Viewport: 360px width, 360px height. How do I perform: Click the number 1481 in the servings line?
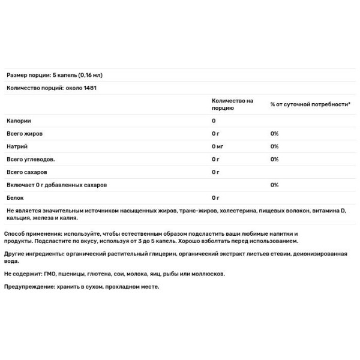click(x=89, y=88)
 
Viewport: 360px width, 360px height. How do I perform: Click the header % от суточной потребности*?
click(x=310, y=104)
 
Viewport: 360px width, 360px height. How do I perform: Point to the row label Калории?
click(x=19, y=121)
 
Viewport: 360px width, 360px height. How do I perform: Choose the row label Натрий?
click(x=17, y=146)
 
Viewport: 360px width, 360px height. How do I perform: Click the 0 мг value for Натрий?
click(x=218, y=146)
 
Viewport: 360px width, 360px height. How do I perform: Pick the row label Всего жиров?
click(x=24, y=133)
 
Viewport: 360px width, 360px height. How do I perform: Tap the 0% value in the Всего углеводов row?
click(x=274, y=159)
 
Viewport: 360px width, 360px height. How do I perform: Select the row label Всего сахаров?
click(x=26, y=172)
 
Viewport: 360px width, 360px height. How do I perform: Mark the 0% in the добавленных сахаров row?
click(x=274, y=185)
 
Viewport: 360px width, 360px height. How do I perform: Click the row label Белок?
click(x=15, y=197)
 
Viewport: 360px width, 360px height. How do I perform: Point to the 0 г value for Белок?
click(x=216, y=197)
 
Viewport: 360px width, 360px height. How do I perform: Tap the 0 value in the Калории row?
click(x=214, y=121)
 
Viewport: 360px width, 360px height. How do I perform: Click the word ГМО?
click(x=52, y=273)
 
